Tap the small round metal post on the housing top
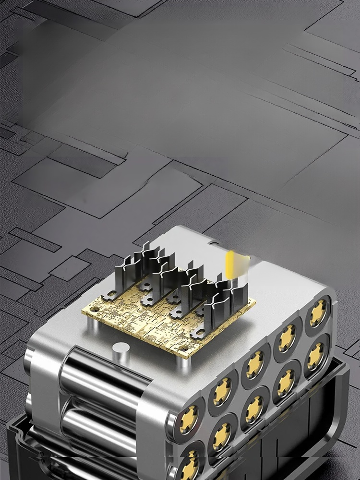(x=120, y=350)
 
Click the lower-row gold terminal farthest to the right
(x=315, y=356)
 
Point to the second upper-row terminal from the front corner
(x=222, y=391)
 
